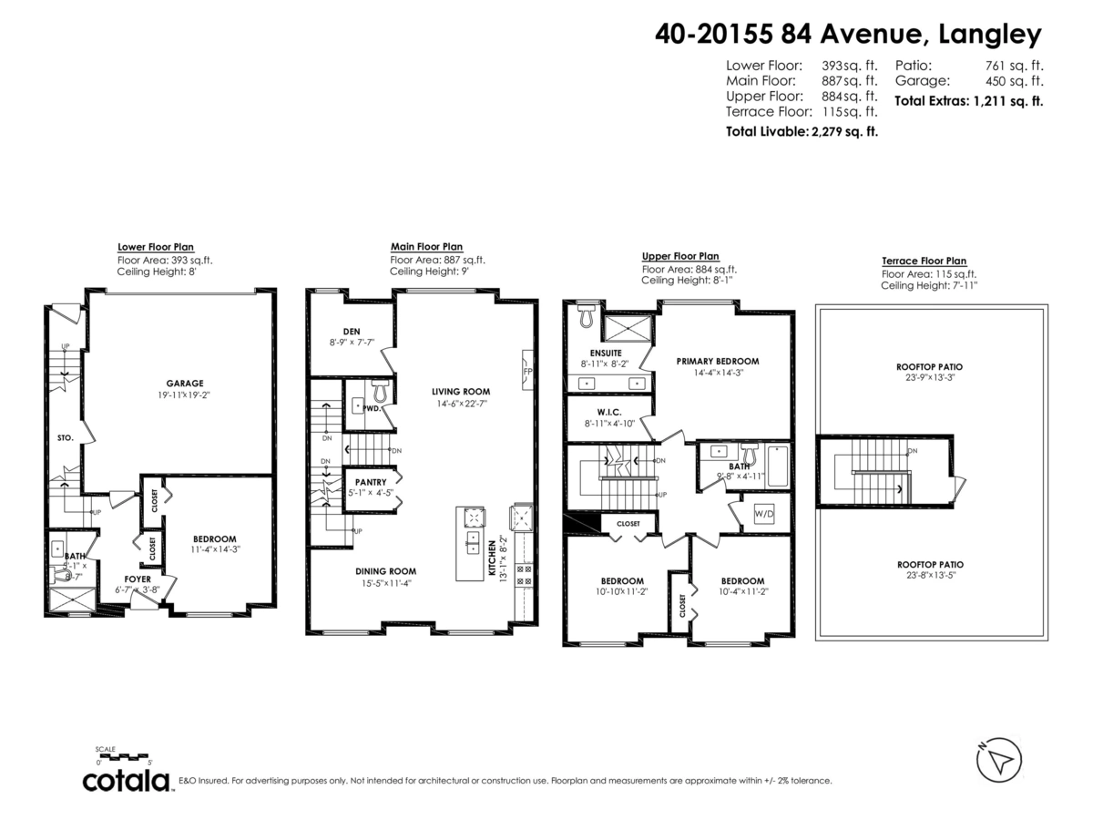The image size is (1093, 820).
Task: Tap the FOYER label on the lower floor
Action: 137,578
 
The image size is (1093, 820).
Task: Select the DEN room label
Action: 352,331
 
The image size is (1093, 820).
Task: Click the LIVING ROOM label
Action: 460,392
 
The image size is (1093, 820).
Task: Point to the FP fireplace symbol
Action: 527,372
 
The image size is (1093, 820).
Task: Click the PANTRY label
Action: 371,482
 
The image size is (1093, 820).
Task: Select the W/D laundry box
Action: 763,514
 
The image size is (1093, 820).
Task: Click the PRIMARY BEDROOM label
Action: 717,361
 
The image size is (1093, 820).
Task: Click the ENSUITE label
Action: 606,352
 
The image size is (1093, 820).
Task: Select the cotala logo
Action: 127,781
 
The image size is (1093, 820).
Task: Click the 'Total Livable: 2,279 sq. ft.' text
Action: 802,131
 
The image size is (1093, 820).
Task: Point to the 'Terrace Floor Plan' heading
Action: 924,261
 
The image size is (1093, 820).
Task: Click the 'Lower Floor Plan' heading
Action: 155,247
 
